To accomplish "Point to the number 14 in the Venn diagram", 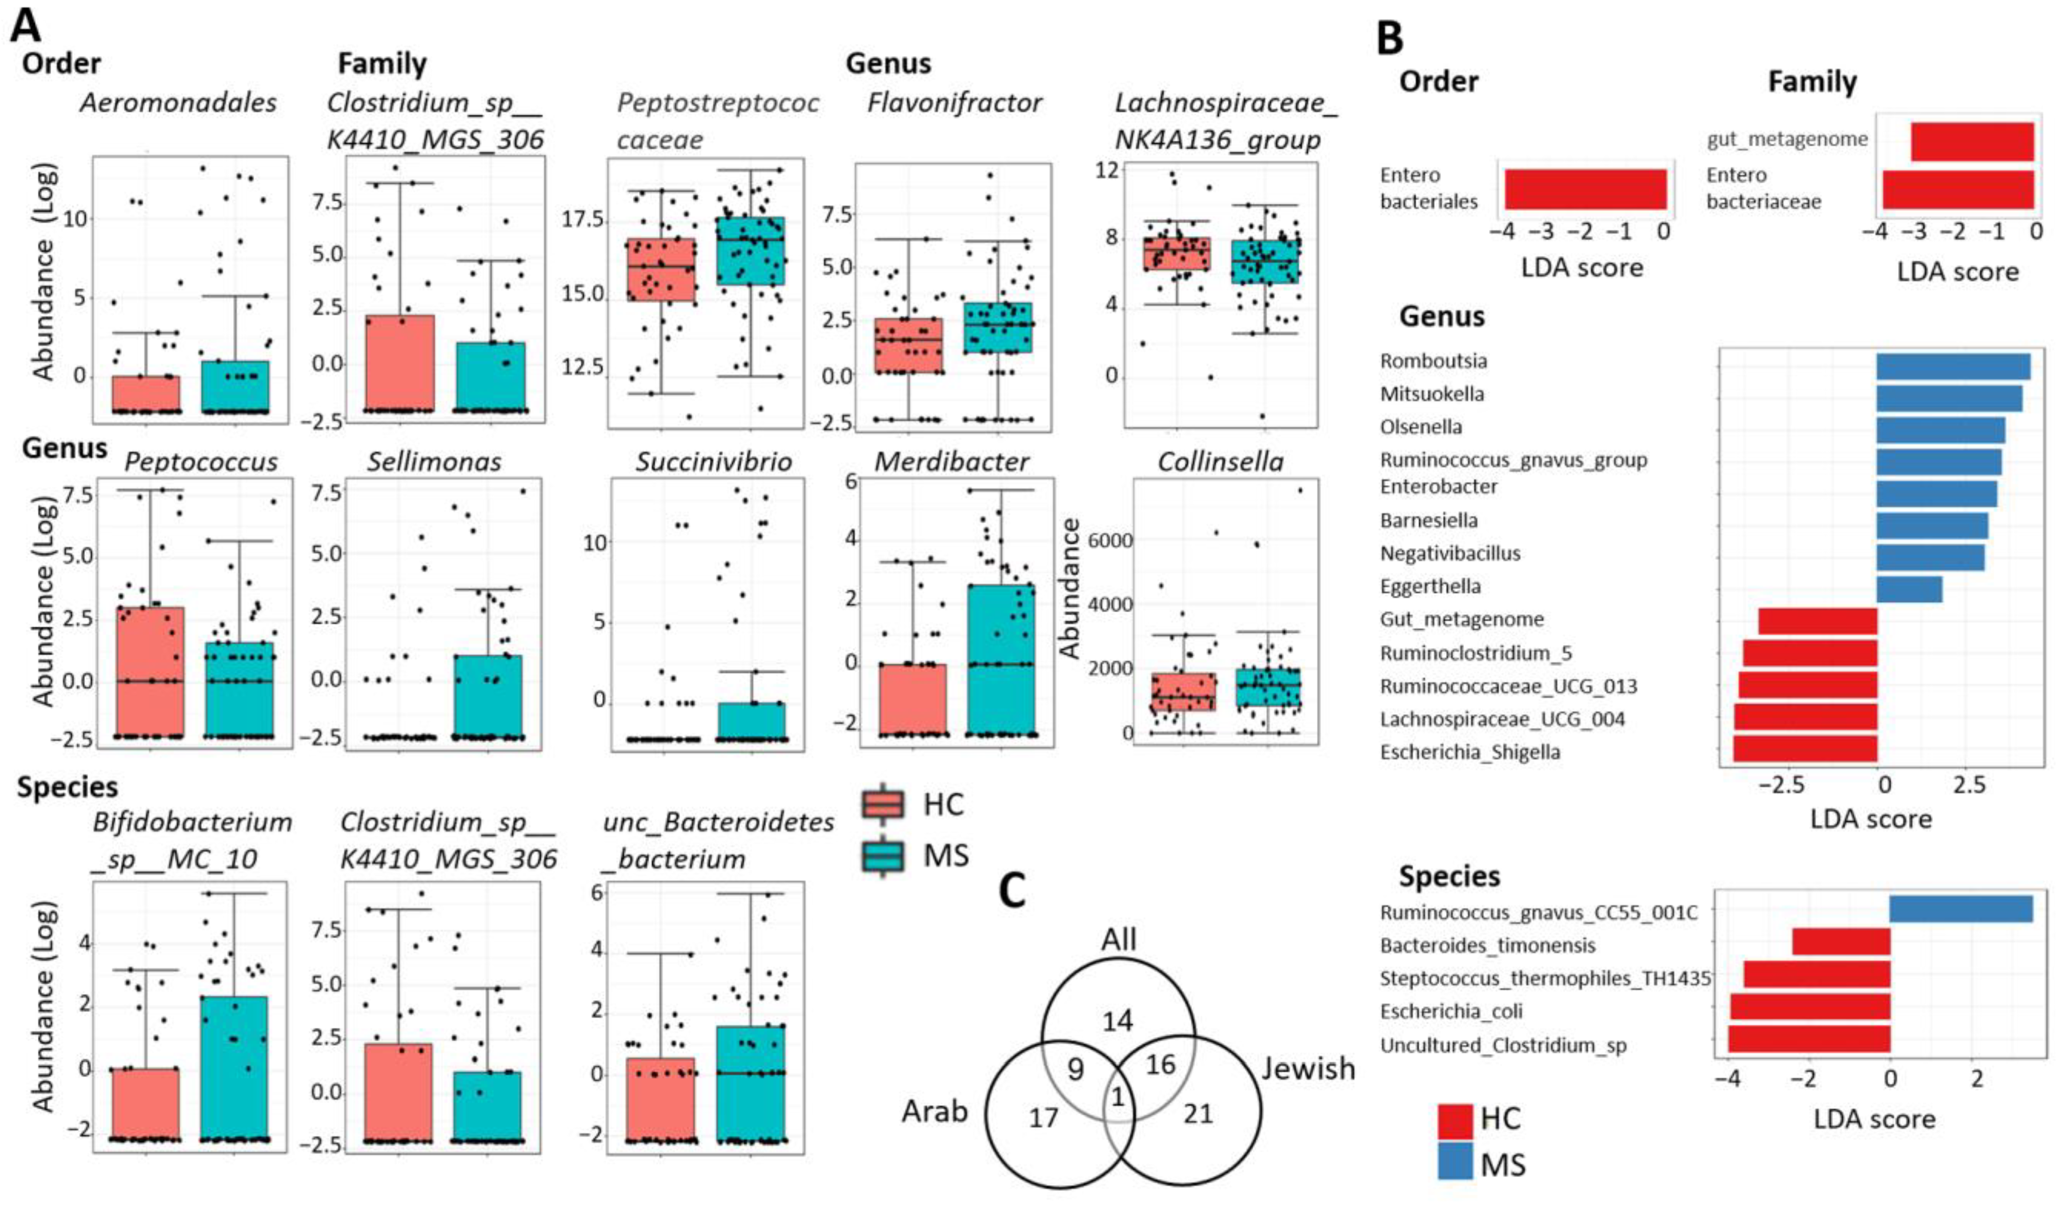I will coord(1118,1021).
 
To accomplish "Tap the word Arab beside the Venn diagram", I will coord(935,1112).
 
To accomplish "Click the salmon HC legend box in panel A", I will coord(883,805).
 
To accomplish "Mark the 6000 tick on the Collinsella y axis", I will coord(1110,540).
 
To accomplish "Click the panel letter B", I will coord(1390,37).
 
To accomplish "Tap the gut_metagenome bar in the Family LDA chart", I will coord(1972,142).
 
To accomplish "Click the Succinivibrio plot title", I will coord(714,462).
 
